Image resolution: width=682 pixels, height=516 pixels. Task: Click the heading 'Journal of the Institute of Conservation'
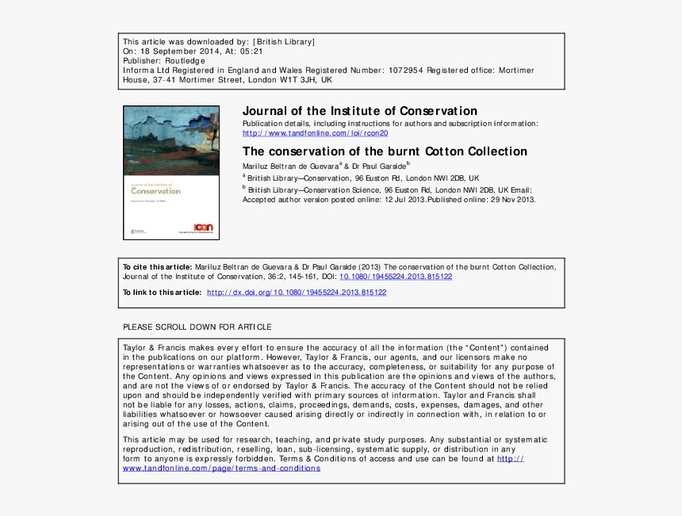[359, 111]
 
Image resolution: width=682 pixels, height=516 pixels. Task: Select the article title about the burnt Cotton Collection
[385, 151]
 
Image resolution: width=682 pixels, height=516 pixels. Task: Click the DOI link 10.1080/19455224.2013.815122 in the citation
[396, 277]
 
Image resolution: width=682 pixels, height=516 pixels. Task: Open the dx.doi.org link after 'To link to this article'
[297, 292]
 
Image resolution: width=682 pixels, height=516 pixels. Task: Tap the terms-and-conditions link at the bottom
[221, 468]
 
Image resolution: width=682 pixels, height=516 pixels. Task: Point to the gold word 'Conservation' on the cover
[155, 190]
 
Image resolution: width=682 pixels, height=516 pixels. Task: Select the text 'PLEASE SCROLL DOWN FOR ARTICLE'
[197, 327]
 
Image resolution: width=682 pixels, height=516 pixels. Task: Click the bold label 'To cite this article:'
[157, 267]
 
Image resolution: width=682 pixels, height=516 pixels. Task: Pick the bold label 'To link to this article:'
[162, 292]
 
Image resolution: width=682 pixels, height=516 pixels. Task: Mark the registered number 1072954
[405, 71]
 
